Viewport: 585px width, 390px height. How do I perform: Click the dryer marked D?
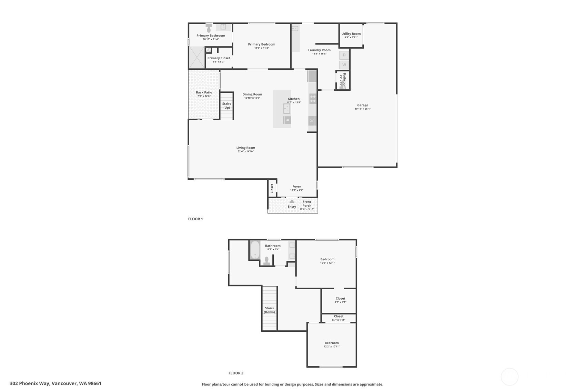pos(344,55)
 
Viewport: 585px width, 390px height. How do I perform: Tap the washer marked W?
pos(344,65)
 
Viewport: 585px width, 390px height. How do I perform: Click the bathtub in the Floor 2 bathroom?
pos(255,250)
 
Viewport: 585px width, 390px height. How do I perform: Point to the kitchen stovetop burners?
pos(313,99)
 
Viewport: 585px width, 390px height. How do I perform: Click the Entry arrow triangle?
pos(292,201)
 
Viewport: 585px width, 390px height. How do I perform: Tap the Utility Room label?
pos(351,34)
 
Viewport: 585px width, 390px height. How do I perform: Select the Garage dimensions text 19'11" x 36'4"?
pos(363,109)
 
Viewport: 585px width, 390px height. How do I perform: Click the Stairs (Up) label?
pos(227,106)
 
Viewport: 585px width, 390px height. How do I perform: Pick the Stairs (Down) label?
pos(269,310)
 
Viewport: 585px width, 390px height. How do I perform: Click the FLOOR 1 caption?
pos(195,219)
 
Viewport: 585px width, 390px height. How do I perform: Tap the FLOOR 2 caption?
pos(236,373)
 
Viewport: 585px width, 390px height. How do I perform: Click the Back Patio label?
pos(204,92)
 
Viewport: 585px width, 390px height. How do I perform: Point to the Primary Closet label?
pos(219,58)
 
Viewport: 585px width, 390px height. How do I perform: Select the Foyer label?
pos(297,187)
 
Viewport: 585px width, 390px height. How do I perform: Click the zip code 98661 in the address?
pos(94,383)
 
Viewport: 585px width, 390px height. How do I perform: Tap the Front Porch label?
pos(307,203)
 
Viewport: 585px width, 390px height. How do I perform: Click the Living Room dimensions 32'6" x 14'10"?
pos(246,151)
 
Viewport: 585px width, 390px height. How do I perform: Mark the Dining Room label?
pos(252,94)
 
